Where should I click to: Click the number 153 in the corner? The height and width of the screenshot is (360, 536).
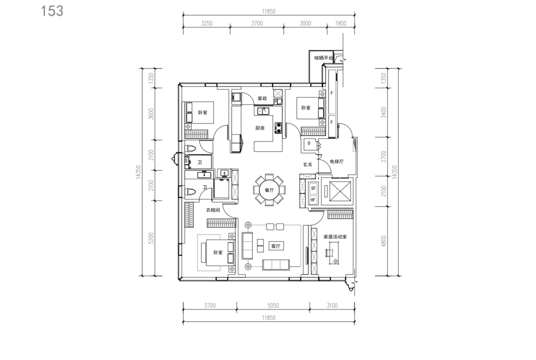52,11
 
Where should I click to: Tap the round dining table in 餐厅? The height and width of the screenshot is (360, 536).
269,190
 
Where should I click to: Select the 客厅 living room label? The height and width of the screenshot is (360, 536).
276,246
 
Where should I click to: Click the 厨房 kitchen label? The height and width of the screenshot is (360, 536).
260,128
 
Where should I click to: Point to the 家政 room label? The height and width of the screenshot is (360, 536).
262,98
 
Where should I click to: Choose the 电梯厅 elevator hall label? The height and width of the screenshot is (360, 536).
336,162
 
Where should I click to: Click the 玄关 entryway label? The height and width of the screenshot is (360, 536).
308,164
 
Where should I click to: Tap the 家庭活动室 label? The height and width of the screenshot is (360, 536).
335,236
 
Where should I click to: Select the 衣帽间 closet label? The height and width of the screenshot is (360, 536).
213,210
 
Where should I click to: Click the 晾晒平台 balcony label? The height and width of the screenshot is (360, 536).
324,58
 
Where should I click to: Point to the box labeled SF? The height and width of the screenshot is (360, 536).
313,188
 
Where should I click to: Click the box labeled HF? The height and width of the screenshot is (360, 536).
313,200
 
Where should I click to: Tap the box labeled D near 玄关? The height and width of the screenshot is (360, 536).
309,144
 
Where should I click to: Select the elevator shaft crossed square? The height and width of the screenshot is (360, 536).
340,191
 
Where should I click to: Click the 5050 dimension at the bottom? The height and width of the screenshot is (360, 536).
273,306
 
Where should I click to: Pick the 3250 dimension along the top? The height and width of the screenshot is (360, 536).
206,23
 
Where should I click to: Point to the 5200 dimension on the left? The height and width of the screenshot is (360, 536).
151,238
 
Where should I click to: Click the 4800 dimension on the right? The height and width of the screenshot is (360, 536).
384,241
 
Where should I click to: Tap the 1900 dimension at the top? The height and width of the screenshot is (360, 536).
340,23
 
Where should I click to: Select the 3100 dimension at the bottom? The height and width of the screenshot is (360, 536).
332,306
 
